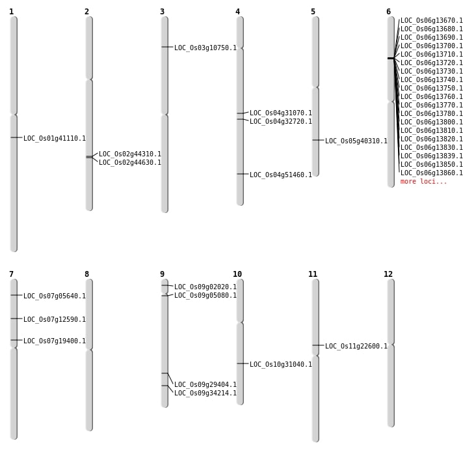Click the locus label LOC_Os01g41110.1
(55, 138)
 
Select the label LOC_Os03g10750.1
(205, 48)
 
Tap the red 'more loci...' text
(423, 181)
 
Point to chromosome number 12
(388, 274)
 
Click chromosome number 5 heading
(313, 12)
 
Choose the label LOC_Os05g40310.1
(356, 141)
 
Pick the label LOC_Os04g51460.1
(281, 175)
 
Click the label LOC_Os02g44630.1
(130, 162)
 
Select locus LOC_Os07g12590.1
(55, 319)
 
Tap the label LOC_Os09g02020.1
(205, 287)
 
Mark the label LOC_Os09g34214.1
(205, 393)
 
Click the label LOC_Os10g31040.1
(281, 364)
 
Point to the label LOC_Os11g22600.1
(356, 346)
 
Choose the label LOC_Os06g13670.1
(432, 20)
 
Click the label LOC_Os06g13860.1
(432, 173)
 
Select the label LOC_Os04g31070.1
(281, 113)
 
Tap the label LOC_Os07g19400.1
(55, 341)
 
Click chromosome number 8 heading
(86, 274)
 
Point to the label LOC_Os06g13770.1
(432, 105)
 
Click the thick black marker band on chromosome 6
(391, 58)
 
